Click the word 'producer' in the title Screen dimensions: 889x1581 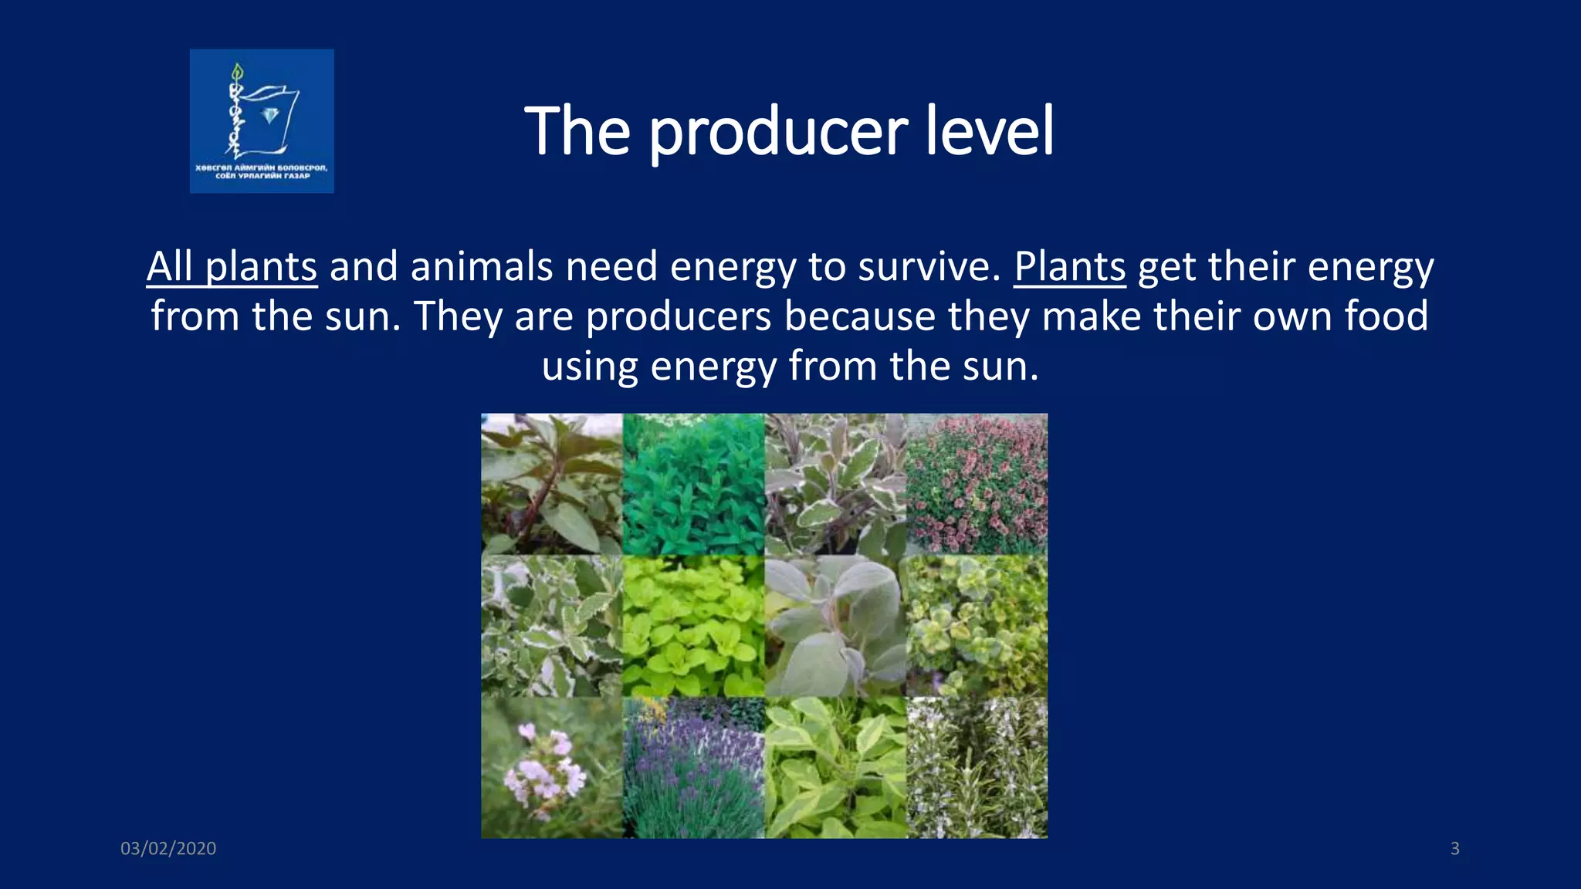click(x=778, y=133)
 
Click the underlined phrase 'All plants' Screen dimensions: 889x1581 click(x=232, y=267)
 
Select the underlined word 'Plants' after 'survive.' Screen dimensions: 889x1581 click(x=1069, y=267)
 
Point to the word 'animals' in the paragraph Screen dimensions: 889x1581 click(x=482, y=267)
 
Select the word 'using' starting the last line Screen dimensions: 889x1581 click(x=589, y=366)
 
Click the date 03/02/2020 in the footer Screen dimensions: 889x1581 click(x=168, y=848)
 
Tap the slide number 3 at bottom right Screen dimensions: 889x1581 click(x=1454, y=848)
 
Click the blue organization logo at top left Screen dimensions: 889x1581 click(x=262, y=121)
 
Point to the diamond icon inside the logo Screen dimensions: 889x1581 click(x=269, y=116)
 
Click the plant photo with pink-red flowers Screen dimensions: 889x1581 click(x=977, y=484)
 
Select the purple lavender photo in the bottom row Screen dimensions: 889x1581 click(x=693, y=768)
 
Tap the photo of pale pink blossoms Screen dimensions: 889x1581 click(x=551, y=768)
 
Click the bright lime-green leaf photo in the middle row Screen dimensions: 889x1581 click(x=693, y=626)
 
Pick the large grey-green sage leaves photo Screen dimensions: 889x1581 click(x=835, y=626)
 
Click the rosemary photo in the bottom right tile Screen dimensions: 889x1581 click(x=977, y=768)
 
